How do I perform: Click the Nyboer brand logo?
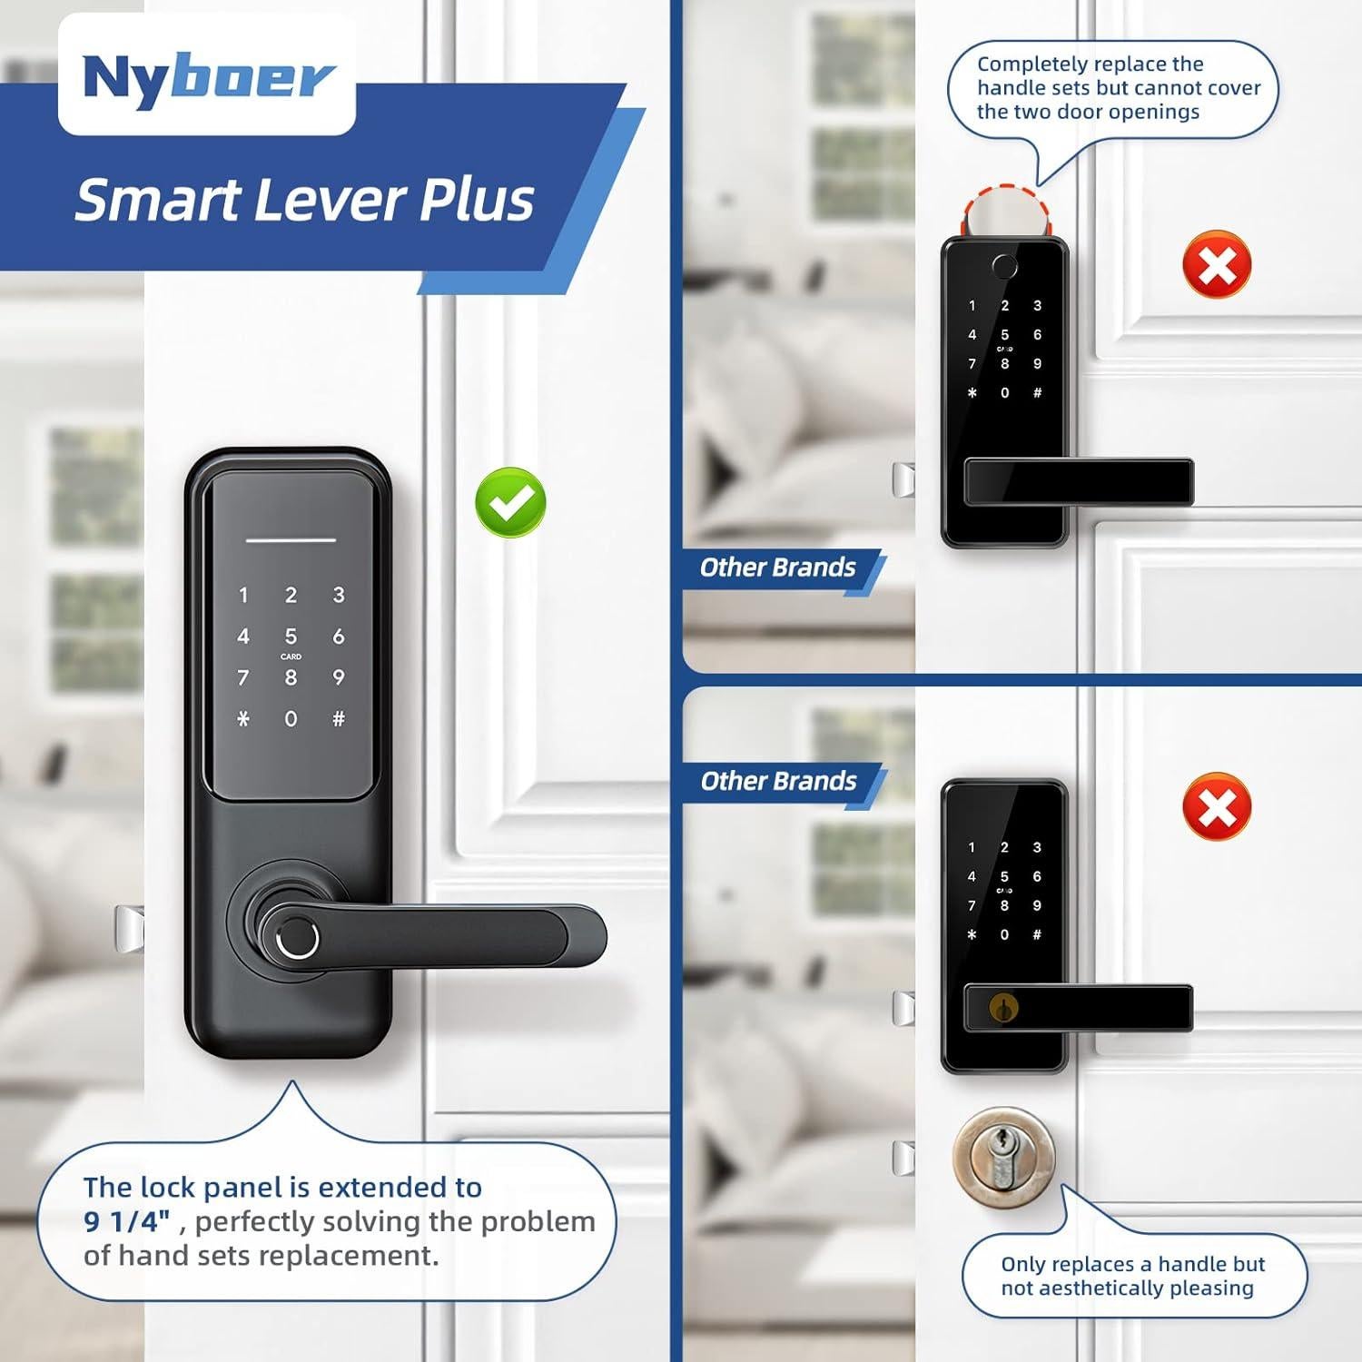coord(207,78)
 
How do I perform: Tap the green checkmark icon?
coord(510,501)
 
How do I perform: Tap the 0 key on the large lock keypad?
coord(291,719)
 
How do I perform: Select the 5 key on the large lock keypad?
coord(291,637)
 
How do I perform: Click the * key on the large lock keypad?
coord(242,719)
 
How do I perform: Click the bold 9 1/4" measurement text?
coord(127,1222)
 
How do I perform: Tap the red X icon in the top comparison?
coord(1217,265)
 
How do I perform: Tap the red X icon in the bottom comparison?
coord(1217,806)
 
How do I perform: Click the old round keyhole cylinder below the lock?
coord(1003,1155)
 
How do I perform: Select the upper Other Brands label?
coord(777,568)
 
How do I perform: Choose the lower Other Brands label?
coord(778,782)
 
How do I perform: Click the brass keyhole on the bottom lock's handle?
coord(1003,1008)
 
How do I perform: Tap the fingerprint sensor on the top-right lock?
coord(1004,267)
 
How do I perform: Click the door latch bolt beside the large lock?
coord(129,928)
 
